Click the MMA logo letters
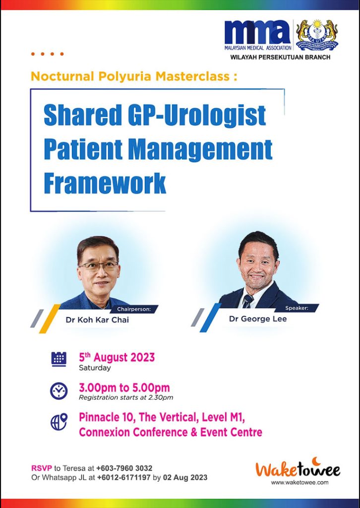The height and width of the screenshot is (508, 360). (x=257, y=33)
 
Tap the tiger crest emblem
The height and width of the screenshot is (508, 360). (x=317, y=35)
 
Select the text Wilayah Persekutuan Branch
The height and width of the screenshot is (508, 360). (x=280, y=57)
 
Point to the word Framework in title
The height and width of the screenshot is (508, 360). (x=105, y=184)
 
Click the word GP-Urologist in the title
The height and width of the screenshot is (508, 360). (x=194, y=116)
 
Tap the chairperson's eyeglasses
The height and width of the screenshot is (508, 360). (x=98, y=266)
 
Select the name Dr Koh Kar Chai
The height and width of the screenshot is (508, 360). (x=97, y=320)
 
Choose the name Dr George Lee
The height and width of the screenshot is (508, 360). (x=258, y=318)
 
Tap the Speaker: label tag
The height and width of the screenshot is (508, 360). (x=297, y=308)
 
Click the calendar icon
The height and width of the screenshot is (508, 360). (x=59, y=359)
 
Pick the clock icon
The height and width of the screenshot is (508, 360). (x=59, y=391)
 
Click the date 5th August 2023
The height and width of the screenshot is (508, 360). (x=117, y=357)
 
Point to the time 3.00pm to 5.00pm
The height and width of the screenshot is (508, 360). (x=124, y=387)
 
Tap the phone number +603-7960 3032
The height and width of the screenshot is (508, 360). (x=124, y=468)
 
